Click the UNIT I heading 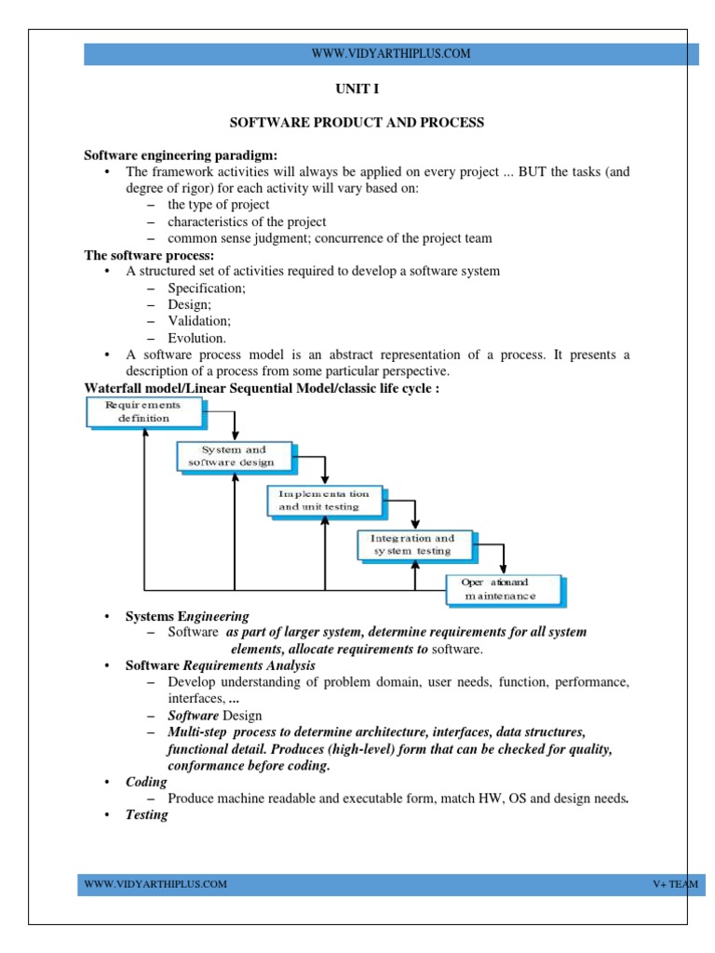click(357, 90)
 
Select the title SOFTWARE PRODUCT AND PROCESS click(357, 123)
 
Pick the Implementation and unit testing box click(323, 501)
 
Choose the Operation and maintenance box click(502, 588)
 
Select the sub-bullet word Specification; click(207, 288)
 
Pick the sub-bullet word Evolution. click(196, 338)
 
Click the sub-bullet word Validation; click(199, 321)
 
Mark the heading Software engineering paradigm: click(181, 154)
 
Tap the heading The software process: click(149, 255)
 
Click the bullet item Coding click(147, 783)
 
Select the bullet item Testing click(147, 814)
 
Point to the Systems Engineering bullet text click(187, 616)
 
